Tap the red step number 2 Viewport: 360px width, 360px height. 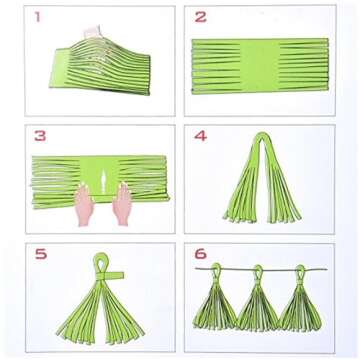pos(201,17)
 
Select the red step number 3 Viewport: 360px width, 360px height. pos(39,135)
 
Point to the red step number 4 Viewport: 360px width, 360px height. pos(200,135)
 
